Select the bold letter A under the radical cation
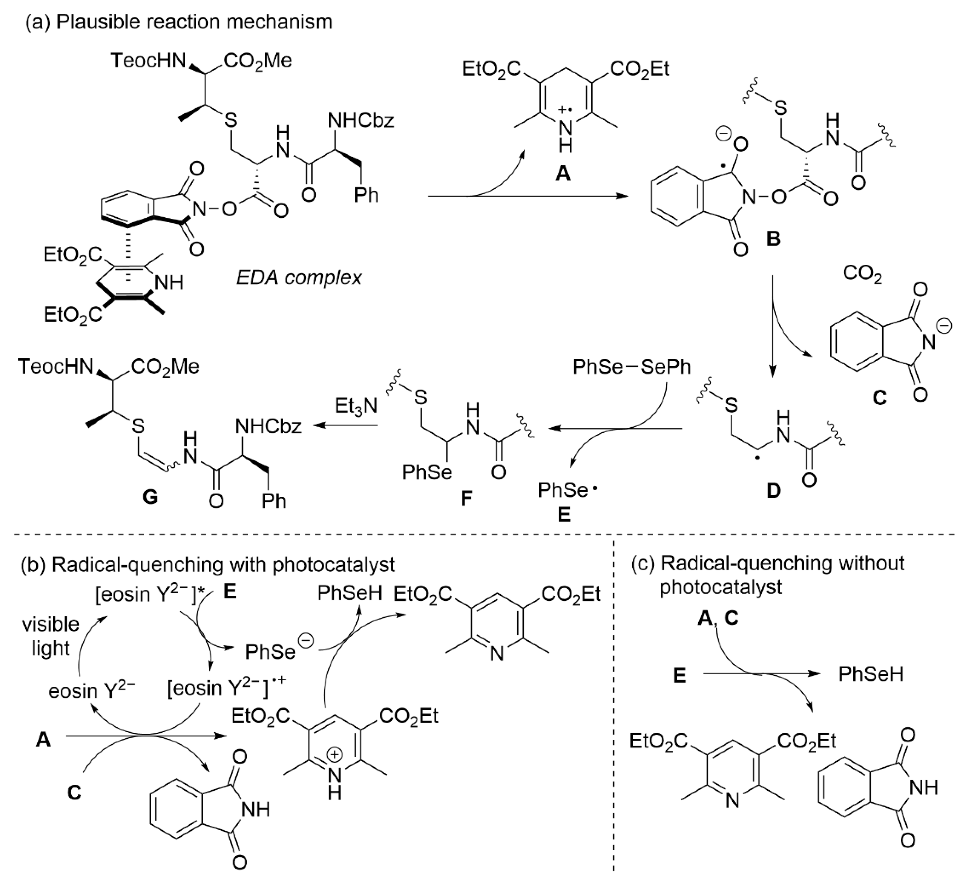click(563, 173)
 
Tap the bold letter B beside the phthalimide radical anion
click(773, 238)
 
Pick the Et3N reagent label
click(356, 406)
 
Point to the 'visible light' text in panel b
click(51, 636)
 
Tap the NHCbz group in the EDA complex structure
click(361, 120)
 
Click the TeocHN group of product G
click(56, 367)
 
